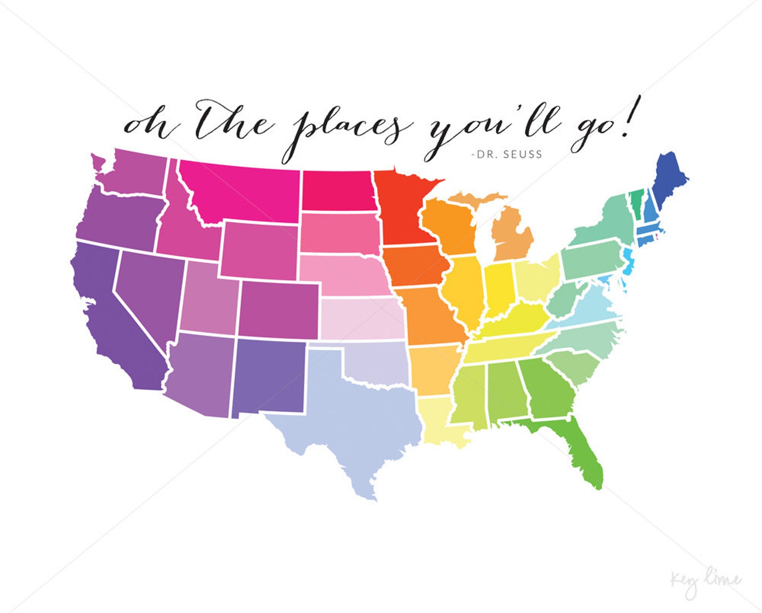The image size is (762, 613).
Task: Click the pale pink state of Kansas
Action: click(362, 319)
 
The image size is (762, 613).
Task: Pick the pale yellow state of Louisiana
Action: click(439, 422)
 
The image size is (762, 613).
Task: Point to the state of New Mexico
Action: click(269, 377)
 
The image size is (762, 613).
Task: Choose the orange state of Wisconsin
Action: click(449, 225)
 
